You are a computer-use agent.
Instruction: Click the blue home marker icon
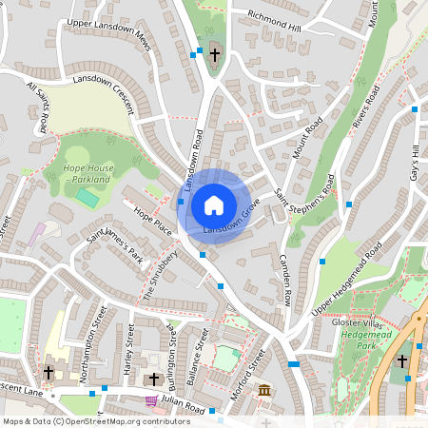(214, 205)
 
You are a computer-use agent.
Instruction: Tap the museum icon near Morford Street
(264, 390)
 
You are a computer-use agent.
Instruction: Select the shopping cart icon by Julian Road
(150, 401)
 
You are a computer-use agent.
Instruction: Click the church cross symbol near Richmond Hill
(215, 55)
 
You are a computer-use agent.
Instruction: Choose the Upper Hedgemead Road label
(346, 265)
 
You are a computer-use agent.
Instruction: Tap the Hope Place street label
(152, 222)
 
